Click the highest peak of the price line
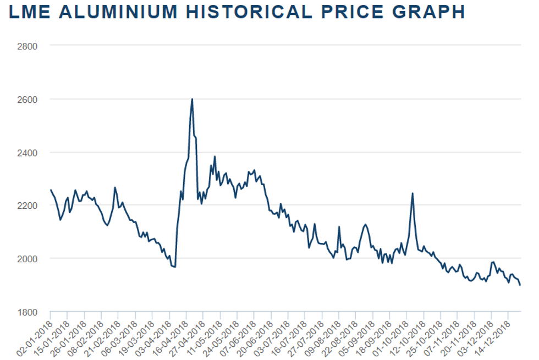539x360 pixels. tap(192, 99)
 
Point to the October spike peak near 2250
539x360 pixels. tap(413, 193)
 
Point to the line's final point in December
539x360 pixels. tap(520, 285)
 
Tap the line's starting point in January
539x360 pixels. tap(51, 190)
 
